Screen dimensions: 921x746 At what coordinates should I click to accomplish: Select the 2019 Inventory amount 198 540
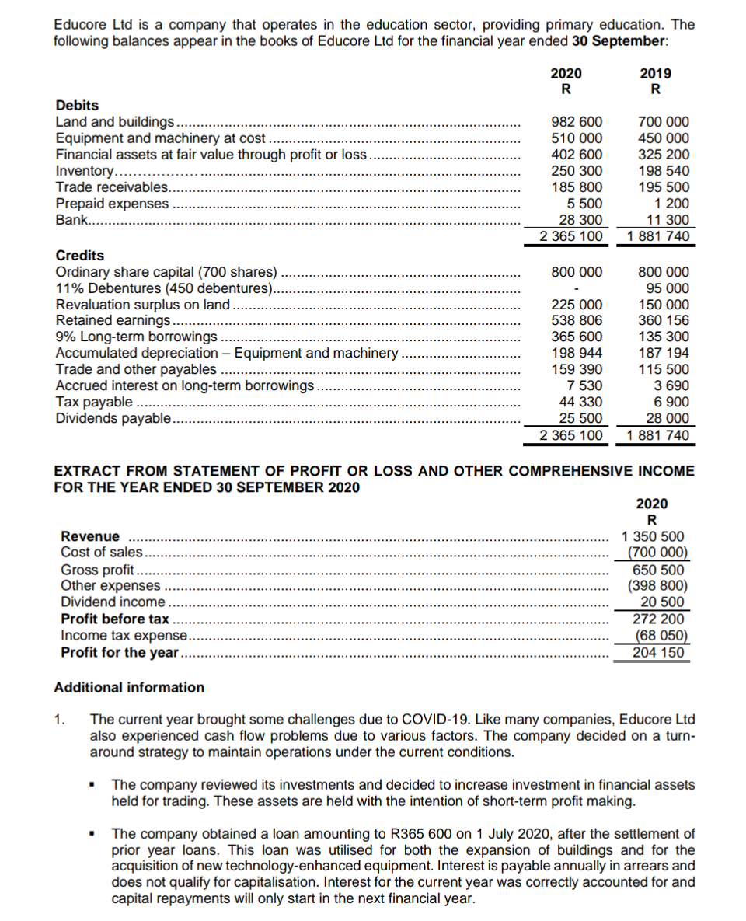point(663,171)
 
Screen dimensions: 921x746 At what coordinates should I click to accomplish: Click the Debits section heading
point(77,105)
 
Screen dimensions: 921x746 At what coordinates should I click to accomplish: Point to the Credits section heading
point(80,255)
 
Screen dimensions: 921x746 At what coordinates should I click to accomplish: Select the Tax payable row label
point(95,402)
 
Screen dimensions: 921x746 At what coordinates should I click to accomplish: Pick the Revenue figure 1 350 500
point(654,536)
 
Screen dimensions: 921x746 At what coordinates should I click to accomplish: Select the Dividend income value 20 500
point(662,602)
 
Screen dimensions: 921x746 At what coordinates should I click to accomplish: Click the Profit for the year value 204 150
point(659,652)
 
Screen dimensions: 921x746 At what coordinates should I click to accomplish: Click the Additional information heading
point(129,687)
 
